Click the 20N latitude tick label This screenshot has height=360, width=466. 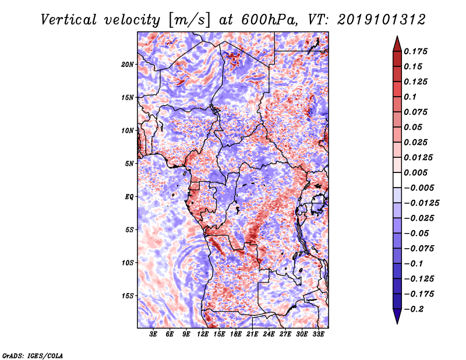point(128,64)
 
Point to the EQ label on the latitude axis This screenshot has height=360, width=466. point(129,197)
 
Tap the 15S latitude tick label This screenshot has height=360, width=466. point(128,296)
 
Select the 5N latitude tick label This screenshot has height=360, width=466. point(129,164)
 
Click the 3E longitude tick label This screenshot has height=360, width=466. point(153,334)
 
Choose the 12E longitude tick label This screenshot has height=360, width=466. point(203,334)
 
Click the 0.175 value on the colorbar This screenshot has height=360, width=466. point(417,51)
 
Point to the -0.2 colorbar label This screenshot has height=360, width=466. point(415,309)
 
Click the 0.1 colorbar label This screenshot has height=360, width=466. point(411,97)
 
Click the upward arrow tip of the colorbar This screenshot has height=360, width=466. point(397,37)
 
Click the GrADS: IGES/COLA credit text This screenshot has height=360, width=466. point(33,355)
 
